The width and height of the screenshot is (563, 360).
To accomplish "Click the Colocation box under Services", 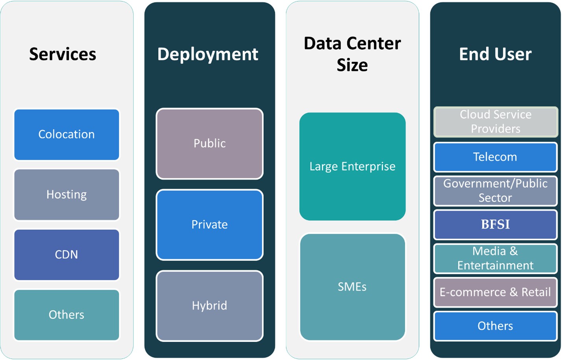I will click(67, 135).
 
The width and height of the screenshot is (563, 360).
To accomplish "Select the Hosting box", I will click(67, 195).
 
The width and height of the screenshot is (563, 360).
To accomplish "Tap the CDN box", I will click(67, 255).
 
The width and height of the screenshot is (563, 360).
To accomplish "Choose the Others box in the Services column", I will click(67, 315).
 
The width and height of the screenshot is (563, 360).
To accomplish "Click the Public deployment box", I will click(209, 144).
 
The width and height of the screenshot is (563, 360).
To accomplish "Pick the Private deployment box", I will click(209, 225).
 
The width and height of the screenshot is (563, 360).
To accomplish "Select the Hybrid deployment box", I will click(209, 306).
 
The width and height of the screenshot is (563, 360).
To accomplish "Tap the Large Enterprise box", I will click(352, 166).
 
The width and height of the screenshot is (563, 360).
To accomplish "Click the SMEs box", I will click(352, 287).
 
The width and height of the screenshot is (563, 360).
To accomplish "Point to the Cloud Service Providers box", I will click(496, 122).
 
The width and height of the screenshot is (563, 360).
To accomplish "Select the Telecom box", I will click(495, 157).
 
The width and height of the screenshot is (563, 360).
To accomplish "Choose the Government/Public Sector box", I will click(495, 191).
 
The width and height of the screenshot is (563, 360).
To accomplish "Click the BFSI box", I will click(495, 225).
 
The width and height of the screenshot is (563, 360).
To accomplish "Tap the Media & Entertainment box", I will click(495, 258).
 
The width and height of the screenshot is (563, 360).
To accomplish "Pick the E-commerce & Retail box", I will click(495, 292).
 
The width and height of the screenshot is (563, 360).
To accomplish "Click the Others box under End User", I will click(495, 326).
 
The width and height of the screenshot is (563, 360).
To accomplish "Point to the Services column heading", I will click(63, 54).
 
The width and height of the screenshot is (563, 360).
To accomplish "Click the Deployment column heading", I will click(208, 54).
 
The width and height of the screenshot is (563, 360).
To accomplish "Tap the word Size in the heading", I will click(352, 65).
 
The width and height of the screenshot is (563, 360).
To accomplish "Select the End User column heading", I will click(495, 54).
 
